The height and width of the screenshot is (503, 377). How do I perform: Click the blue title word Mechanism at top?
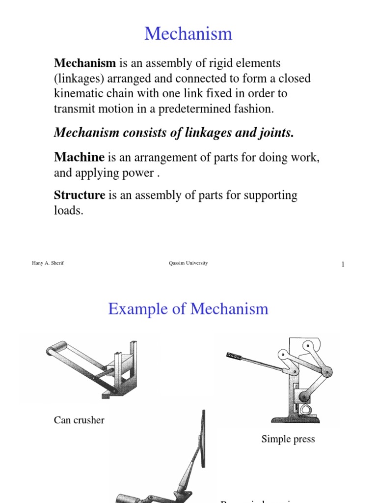(188, 34)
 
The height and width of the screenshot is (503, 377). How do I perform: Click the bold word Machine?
(79, 157)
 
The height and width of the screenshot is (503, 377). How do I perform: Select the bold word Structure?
(80, 195)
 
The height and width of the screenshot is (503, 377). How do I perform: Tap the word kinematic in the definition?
(78, 93)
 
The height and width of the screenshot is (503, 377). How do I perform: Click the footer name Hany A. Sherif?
(48, 263)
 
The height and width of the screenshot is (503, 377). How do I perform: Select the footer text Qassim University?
(188, 263)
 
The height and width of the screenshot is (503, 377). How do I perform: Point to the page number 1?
(343, 265)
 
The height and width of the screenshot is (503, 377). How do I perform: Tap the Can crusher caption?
(79, 420)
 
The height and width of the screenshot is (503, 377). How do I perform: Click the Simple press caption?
(288, 439)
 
